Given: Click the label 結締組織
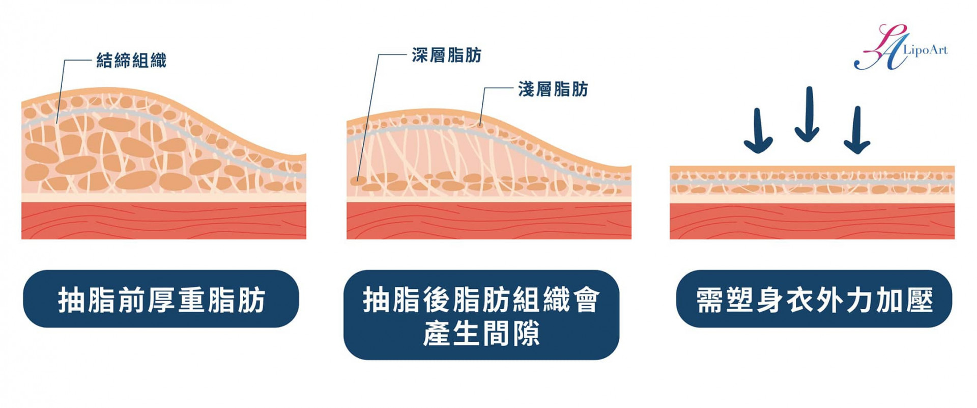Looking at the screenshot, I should click(131, 61).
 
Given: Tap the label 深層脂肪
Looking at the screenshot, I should click(446, 55).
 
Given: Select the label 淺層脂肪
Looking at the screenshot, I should click(553, 89).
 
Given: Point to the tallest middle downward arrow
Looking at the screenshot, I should click(808, 115).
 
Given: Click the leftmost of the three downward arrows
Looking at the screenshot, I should click(758, 131).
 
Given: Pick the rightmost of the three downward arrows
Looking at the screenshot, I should click(857, 130).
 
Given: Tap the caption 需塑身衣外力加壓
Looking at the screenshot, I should click(814, 299).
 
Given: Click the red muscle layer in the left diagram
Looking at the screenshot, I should click(163, 221).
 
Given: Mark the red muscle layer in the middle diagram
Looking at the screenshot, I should click(489, 221).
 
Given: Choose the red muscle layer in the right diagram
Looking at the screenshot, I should click(812, 221).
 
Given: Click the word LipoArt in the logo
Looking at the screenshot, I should click(925, 50).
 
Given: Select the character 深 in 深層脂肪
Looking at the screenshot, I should click(420, 55).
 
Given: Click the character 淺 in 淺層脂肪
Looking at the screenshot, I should click(526, 89).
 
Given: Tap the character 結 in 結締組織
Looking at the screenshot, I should click(105, 61).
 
